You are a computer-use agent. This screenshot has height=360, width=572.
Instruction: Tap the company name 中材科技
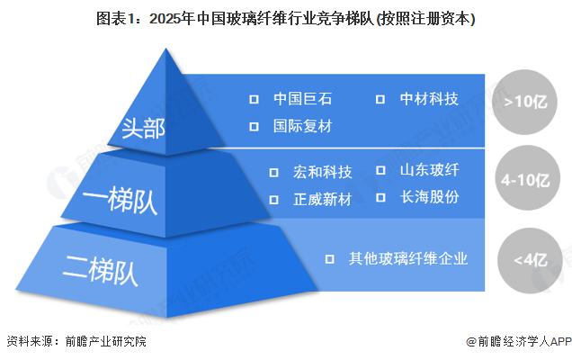pos(429,99)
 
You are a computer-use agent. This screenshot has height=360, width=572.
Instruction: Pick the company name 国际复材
pos(302,126)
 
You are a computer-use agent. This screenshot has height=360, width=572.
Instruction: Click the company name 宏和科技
pos(323,172)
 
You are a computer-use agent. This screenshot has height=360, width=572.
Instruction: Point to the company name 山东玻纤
pos(430,171)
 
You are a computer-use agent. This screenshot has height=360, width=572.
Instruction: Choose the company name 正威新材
pos(323,198)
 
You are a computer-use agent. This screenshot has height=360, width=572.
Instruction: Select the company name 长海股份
pos(430,197)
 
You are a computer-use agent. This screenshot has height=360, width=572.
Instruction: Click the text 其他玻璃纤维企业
pos(409,259)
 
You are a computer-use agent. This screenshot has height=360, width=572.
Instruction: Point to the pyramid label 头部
pos(144,129)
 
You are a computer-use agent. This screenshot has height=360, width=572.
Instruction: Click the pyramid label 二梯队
pos(95,266)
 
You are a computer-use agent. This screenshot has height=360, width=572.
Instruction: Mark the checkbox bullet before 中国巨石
pos(255,99)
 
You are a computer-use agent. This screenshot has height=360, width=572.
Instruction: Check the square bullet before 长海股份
pos(380,197)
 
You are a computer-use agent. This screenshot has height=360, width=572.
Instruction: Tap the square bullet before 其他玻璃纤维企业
pos(331,259)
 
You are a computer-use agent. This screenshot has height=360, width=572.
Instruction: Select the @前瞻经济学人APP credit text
pos(518,342)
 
